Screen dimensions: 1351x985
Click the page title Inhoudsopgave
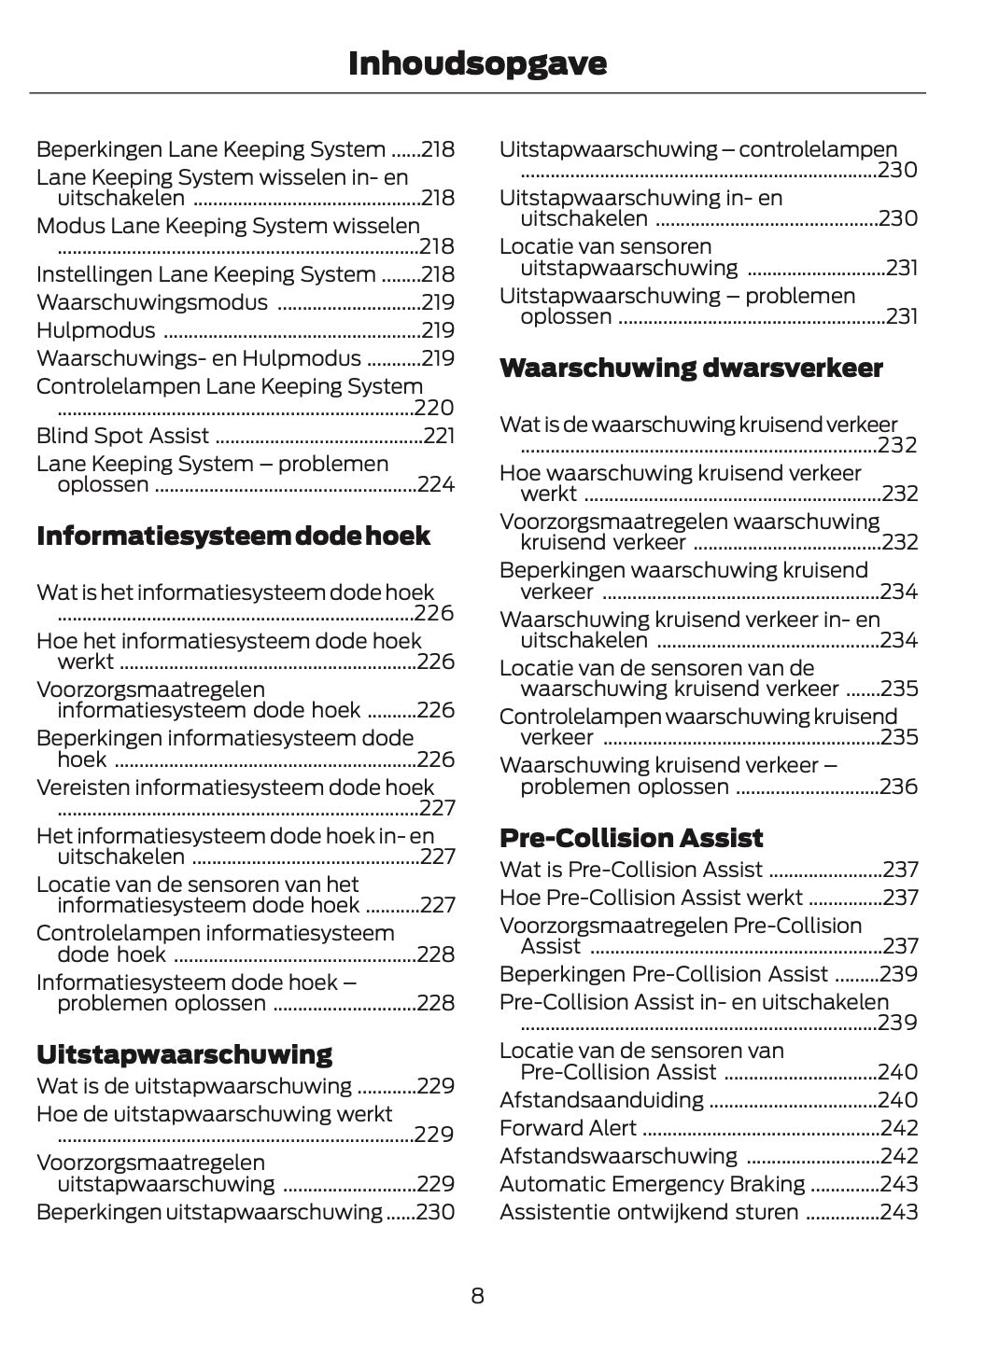pyautogui.click(x=477, y=63)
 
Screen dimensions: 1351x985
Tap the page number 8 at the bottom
pyautogui.click(x=477, y=1296)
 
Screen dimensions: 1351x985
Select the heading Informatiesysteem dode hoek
pyautogui.click(x=233, y=536)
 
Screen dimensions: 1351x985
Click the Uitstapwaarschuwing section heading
pyautogui.click(x=184, y=1055)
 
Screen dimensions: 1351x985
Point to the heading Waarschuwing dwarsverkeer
pyautogui.click(x=691, y=369)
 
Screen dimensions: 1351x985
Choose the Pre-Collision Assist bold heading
pyautogui.click(x=631, y=838)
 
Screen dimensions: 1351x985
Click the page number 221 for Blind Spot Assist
pyautogui.click(x=439, y=436)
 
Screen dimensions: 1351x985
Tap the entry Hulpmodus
pyautogui.click(x=95, y=330)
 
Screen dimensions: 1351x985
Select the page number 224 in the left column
pyautogui.click(x=436, y=484)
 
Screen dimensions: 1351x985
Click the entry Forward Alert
pyautogui.click(x=568, y=1128)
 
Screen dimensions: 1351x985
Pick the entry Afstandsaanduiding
pyautogui.click(x=601, y=1100)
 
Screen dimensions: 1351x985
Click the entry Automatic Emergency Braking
pyautogui.click(x=652, y=1184)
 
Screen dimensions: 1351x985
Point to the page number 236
pyautogui.click(x=898, y=787)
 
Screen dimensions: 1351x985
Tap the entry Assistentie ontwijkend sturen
pyautogui.click(x=649, y=1212)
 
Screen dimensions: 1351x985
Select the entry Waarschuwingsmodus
pyautogui.click(x=151, y=302)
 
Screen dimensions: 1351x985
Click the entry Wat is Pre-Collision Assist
pyautogui.click(x=631, y=870)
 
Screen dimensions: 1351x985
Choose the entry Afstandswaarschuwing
pyautogui.click(x=618, y=1156)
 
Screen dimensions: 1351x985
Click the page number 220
pyautogui.click(x=434, y=408)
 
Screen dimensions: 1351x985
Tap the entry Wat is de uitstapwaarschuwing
pyautogui.click(x=193, y=1086)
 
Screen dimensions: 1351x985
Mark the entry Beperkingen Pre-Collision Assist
pyautogui.click(x=664, y=974)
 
